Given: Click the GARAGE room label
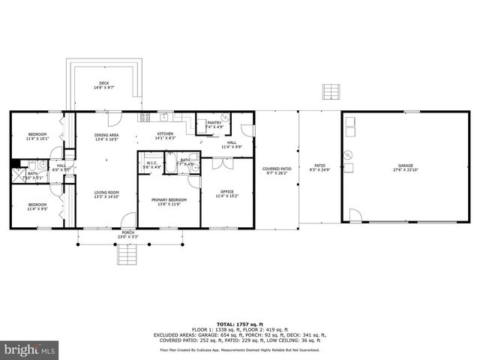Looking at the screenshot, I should [406, 167].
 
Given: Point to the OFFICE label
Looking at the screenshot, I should [226, 193].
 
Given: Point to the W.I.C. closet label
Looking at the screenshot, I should [151, 164].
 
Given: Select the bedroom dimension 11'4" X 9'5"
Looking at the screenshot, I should [37, 209].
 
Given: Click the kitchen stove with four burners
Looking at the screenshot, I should [144, 116].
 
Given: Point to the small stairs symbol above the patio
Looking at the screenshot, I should [331, 91].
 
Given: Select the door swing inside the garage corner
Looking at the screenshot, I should [355, 216].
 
